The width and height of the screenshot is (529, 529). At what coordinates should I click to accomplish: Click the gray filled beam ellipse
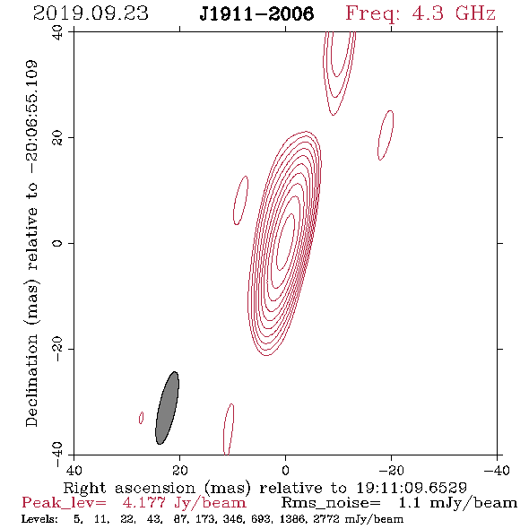click(167, 408)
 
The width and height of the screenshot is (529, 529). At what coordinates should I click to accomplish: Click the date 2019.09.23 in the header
click(91, 13)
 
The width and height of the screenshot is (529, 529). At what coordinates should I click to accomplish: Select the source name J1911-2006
click(256, 13)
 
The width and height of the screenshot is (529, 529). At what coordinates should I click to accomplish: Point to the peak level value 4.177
click(144, 503)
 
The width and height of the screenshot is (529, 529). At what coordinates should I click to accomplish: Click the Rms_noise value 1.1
click(410, 503)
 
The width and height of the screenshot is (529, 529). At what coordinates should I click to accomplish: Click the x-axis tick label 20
click(179, 471)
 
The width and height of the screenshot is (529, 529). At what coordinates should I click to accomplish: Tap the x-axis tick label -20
click(391, 471)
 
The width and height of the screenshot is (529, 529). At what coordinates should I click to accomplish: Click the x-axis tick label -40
click(497, 471)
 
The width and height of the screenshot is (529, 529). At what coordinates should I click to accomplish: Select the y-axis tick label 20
click(57, 138)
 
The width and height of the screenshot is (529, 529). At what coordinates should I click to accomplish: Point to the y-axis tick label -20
click(57, 349)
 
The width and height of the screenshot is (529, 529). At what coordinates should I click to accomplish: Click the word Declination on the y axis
click(31, 380)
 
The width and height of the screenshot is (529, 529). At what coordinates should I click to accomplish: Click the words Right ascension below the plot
click(129, 488)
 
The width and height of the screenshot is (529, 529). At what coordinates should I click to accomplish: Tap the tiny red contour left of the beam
click(141, 418)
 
